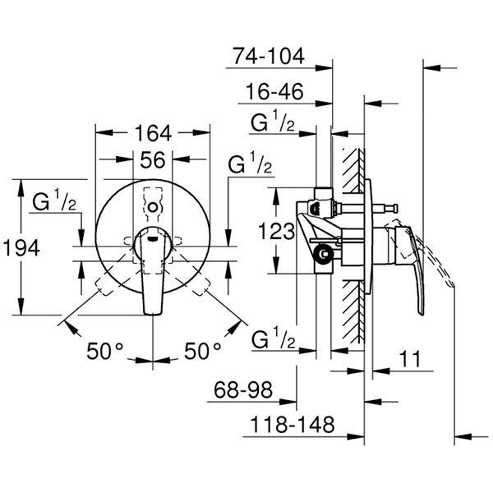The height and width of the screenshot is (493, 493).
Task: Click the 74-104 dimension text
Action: coord(267,57)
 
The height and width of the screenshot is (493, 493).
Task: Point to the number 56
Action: coord(152,161)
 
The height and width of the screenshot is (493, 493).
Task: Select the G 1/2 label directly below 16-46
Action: coord(272,126)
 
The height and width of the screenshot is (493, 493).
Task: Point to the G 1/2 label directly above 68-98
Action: coord(272,340)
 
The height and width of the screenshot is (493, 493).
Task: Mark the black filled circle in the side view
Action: coord(325,254)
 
